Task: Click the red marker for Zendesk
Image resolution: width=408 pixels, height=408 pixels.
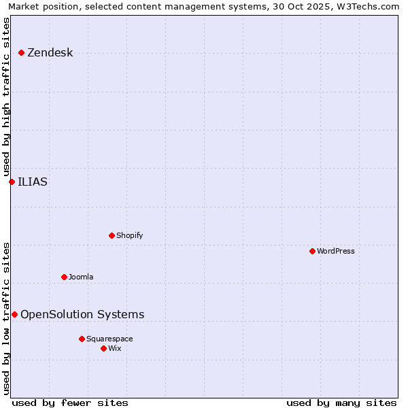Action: point(21,52)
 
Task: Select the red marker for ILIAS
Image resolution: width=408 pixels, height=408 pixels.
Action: point(12,182)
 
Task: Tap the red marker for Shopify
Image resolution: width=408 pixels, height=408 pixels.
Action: point(112,235)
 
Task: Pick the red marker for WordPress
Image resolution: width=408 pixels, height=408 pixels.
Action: point(312,251)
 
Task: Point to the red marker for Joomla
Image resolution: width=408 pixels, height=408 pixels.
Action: point(64,277)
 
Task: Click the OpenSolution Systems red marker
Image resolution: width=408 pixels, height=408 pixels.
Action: point(14,314)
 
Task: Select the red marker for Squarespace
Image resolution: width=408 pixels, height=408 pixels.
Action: point(82,339)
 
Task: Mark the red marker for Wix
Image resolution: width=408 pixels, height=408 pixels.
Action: point(103,348)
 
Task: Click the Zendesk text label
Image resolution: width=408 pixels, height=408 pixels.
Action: point(50,52)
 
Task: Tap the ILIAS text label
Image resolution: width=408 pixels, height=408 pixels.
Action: point(33,182)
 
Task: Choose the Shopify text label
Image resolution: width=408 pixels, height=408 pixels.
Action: point(129,235)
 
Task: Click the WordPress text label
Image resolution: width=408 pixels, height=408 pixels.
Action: point(335,251)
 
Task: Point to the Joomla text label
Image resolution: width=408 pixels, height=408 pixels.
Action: point(81,277)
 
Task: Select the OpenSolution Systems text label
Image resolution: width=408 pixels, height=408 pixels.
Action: point(82,314)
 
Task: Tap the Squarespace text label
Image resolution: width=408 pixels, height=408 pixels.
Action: point(109,339)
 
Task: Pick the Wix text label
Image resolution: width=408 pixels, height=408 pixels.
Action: point(114,348)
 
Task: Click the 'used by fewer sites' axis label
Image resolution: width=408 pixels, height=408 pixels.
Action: point(70,403)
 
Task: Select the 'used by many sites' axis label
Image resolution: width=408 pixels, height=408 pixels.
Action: point(341,403)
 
